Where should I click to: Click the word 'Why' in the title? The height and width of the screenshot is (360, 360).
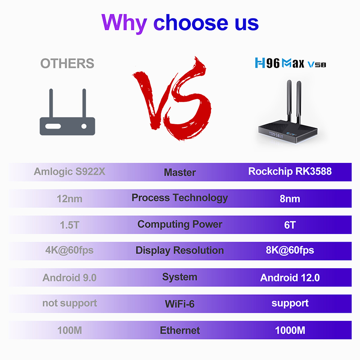coord(125,22)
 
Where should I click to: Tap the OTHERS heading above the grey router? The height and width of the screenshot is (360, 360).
coord(67,63)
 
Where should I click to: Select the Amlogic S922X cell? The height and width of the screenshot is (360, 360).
coord(69,171)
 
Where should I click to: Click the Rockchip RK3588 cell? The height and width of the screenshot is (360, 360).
coord(290,171)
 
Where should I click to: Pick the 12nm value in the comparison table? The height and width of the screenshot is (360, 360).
coord(69,198)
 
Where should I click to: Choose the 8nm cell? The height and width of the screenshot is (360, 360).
coord(290,198)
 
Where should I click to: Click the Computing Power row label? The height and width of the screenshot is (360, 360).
coord(180,224)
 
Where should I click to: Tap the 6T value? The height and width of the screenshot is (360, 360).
coord(290,225)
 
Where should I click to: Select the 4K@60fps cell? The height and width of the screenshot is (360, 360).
coord(69,250)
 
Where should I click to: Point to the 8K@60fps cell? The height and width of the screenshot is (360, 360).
coord(290,250)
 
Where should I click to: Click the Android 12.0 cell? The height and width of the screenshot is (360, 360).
coord(290,277)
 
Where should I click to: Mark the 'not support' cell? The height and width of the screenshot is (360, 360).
coord(69,303)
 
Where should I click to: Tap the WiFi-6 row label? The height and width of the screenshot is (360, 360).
coord(180,304)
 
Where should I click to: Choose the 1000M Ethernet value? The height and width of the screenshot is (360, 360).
coord(290,330)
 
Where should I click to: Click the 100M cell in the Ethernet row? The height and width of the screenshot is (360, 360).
coord(69,330)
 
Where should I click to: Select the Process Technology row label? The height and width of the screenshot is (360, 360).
coord(180,198)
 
